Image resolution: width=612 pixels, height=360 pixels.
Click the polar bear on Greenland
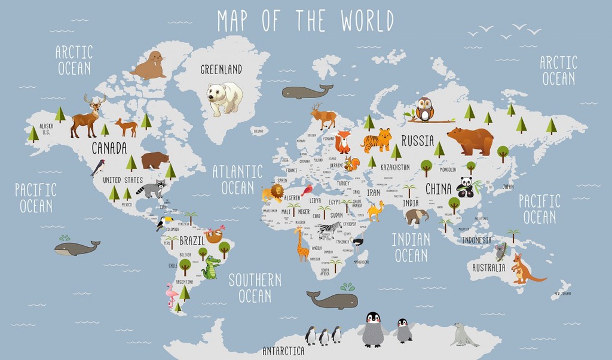(x=224, y=97)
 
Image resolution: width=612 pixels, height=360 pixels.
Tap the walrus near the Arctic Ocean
(x=149, y=66)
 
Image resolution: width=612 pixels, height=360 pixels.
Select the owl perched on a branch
(x=424, y=109)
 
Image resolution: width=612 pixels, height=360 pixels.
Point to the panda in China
(x=465, y=187)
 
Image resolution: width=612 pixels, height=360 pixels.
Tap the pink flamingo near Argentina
(x=172, y=294)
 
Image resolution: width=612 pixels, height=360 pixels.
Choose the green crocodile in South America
(x=211, y=268)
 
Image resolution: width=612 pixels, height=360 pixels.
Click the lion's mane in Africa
(x=277, y=191)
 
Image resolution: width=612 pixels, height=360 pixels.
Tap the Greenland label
(x=221, y=70)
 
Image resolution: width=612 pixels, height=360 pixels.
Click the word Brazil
(x=192, y=240)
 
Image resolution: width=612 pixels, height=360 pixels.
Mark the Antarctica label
(x=283, y=351)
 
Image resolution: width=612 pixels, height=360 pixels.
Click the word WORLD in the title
(x=367, y=21)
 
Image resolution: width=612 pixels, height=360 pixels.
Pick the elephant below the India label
(x=417, y=216)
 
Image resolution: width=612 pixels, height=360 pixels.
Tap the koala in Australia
(x=500, y=251)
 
